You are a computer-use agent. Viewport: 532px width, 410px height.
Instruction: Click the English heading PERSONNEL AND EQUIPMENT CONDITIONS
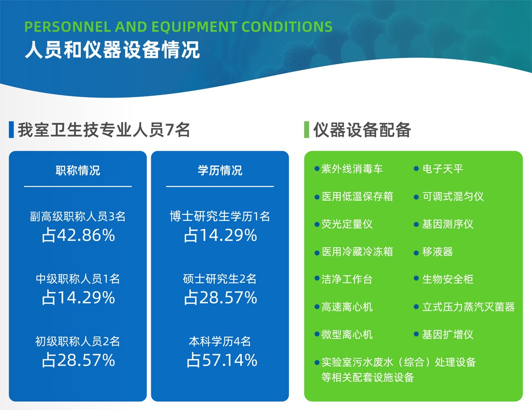[178, 27]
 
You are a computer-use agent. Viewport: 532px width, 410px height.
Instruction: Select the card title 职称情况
[78, 170]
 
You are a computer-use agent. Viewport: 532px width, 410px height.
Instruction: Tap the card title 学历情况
[220, 170]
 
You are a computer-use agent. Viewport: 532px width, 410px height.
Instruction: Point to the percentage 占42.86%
[78, 235]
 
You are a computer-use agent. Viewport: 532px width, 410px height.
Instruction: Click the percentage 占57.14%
[222, 360]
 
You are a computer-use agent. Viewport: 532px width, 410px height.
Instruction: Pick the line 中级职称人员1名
[78, 279]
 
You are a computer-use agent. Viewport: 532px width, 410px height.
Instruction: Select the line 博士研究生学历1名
[220, 216]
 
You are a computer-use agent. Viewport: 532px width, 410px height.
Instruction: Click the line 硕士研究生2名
[220, 279]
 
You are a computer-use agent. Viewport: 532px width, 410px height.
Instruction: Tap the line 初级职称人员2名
[78, 341]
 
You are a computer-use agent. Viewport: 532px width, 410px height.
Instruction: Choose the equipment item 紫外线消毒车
[352, 169]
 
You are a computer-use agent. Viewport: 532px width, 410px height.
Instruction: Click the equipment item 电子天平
[443, 169]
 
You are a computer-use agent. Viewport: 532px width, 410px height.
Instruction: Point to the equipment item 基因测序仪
[448, 224]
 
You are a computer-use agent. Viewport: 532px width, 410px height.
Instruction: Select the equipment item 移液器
[438, 251]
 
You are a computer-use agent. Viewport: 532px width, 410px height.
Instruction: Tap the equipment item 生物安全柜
[448, 279]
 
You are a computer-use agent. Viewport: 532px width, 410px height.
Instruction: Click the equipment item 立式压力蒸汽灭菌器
[468, 307]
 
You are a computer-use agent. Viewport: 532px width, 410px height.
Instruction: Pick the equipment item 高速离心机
[347, 307]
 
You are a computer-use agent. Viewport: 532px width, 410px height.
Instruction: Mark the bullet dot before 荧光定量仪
[317, 224]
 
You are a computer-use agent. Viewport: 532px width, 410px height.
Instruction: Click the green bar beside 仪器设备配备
[307, 130]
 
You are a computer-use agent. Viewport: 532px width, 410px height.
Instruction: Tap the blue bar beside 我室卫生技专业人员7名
[11, 130]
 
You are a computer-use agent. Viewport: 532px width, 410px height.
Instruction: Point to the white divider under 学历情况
[220, 186]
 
